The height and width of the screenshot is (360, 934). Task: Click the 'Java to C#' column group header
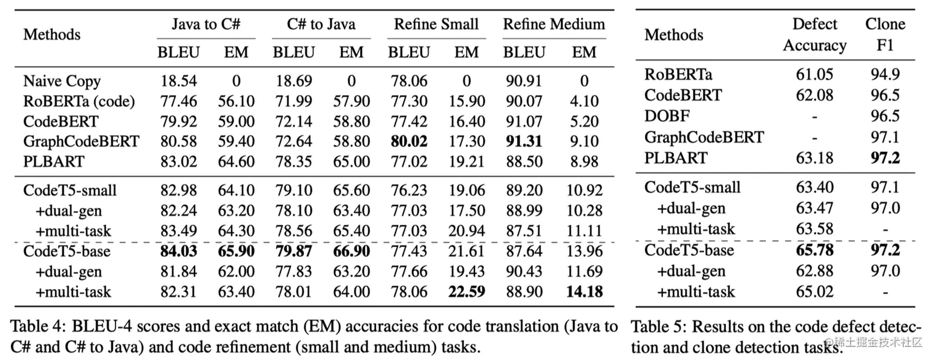pos(206,25)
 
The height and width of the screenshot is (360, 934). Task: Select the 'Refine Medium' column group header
pos(553,25)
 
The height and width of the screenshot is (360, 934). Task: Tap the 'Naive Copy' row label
pos(62,81)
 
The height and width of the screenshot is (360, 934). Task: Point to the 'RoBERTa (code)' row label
pos(79,101)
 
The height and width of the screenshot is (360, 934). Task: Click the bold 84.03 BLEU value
pos(179,251)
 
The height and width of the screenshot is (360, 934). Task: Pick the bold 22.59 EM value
pos(466,291)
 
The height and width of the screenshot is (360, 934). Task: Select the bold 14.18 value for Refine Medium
pos(584,291)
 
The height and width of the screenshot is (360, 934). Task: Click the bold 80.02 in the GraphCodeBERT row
pos(408,141)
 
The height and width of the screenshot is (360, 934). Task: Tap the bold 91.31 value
pos(524,141)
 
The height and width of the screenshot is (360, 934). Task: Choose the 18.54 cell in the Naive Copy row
pos(179,81)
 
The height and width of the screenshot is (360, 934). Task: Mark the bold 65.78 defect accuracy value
pos(815,250)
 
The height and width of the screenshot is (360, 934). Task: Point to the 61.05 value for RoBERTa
pos(815,75)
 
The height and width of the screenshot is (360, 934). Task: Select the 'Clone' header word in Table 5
pos(885,24)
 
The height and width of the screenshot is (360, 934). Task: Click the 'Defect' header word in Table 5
pos(815,24)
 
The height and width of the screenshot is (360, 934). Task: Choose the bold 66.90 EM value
pos(351,251)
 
